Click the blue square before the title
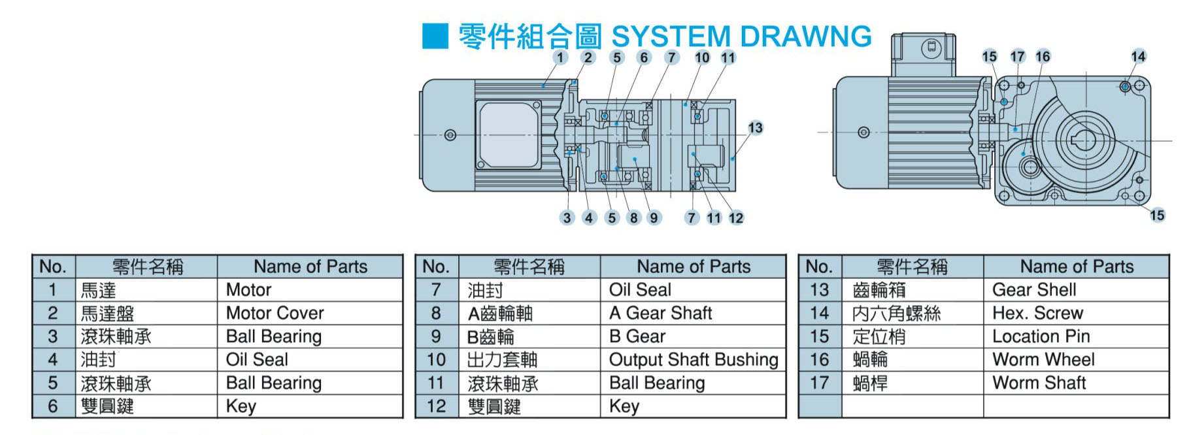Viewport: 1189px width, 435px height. click(x=435, y=36)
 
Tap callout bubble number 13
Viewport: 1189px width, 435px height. click(x=756, y=128)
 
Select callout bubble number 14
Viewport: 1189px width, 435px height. click(x=1139, y=57)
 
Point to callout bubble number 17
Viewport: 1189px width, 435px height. click(x=1017, y=57)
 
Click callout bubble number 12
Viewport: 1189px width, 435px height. click(x=736, y=218)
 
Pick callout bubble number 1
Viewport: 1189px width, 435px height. click(x=560, y=57)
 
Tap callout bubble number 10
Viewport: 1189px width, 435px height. click(x=702, y=57)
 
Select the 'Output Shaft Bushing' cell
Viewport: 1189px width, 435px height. click(x=693, y=360)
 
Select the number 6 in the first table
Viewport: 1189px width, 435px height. click(x=53, y=406)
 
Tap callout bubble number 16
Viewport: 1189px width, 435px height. click(x=1043, y=57)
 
